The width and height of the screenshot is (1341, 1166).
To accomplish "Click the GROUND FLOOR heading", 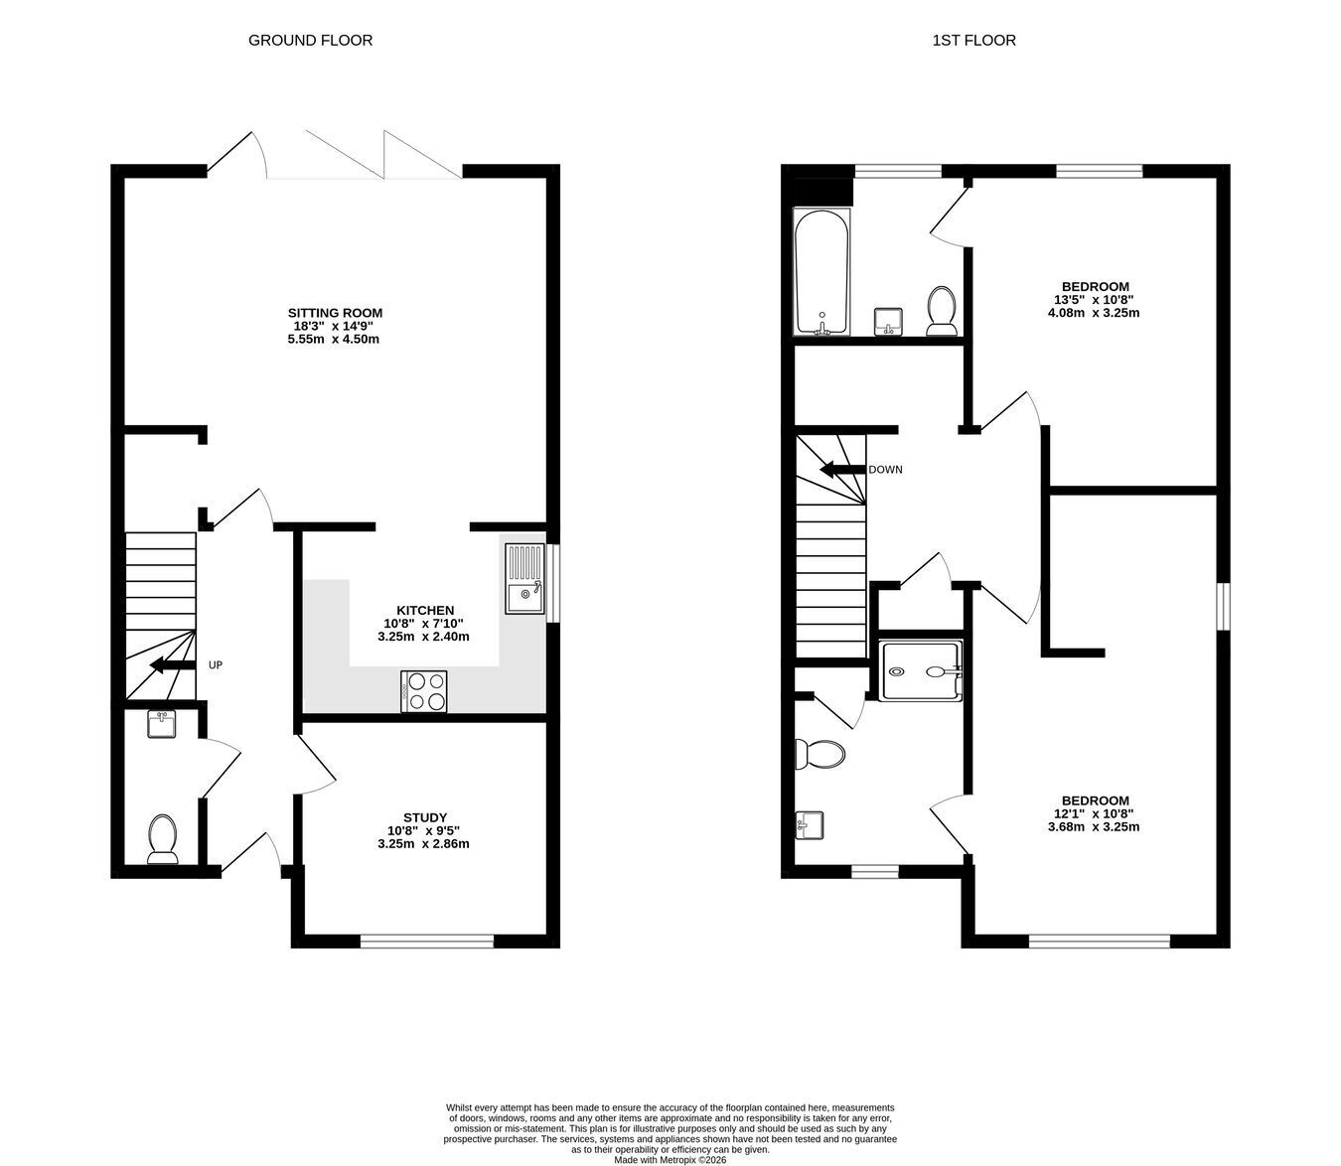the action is pos(310,41).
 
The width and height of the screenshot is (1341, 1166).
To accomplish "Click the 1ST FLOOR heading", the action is pos(973,41).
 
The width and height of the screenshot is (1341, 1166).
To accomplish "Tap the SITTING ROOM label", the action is pos(335,313).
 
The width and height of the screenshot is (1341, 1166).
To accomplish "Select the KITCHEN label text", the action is pos(425,611).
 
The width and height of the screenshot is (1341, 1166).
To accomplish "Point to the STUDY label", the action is pos(425,817).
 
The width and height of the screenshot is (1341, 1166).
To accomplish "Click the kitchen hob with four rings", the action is pos(423,691).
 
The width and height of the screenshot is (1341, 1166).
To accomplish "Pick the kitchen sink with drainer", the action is pos(524,578).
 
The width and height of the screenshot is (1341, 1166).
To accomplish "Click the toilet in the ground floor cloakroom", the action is pos(163,839).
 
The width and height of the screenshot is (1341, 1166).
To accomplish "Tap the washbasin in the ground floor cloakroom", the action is pos(161,725).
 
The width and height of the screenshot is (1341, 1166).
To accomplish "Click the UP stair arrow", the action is pos(173,665).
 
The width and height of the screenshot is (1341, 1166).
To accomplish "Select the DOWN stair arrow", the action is pos(842,469).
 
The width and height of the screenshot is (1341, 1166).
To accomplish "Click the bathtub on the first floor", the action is pos(821,272).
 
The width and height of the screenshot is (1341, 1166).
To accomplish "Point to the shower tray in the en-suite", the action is pos(920,670).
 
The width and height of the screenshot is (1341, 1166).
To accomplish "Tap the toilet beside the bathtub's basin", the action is pos(942,311).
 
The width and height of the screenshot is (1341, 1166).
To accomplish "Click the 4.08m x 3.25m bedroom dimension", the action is pos(1094,313).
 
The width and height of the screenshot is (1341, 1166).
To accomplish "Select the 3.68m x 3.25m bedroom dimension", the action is pos(1094,826).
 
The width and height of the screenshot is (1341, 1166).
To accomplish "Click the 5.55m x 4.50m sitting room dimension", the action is pos(334,340).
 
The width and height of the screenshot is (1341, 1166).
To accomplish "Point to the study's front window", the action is pos(427,941).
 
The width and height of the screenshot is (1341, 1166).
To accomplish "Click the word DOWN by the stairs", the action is pos(885,470).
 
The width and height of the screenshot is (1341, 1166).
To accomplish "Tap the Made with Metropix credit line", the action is pos(670,1160).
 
